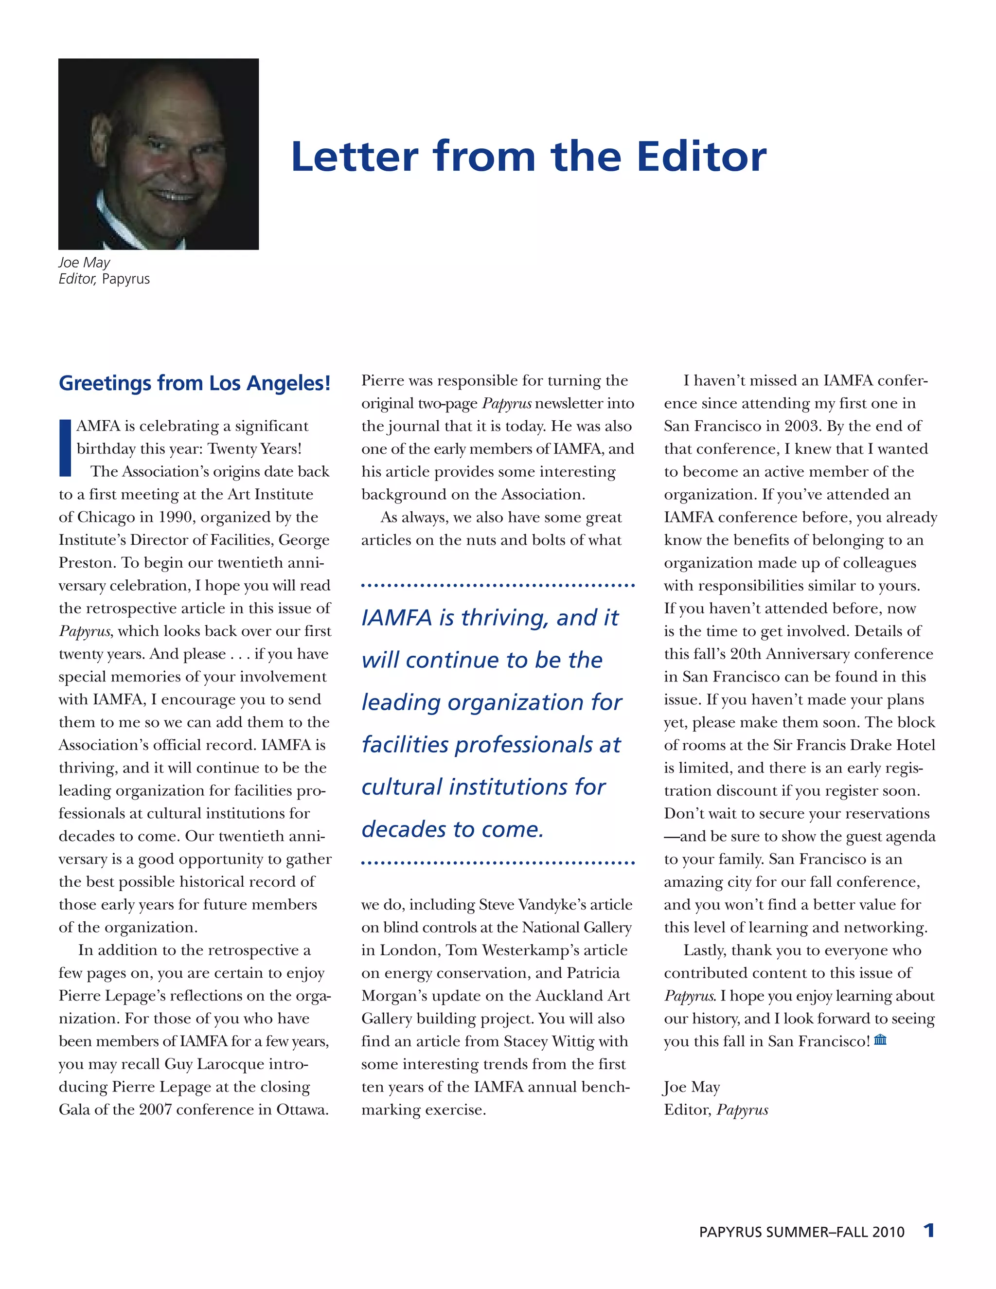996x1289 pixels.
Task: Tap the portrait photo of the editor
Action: [x=158, y=154]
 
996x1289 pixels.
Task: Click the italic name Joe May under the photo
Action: [x=84, y=263]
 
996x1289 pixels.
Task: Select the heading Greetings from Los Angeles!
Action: [x=194, y=383]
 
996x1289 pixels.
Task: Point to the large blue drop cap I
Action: [x=65, y=448]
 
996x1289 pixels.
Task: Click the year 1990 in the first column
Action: [x=177, y=518]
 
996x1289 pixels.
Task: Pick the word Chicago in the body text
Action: [x=106, y=518]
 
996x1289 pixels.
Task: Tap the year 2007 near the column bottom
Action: [x=155, y=1110]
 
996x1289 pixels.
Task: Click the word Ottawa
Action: [x=302, y=1110]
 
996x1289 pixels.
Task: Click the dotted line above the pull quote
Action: [x=498, y=586]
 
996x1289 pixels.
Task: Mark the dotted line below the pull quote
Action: [x=498, y=863]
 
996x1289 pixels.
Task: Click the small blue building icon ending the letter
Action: [x=880, y=1039]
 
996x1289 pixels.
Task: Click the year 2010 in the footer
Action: [x=888, y=1233]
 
